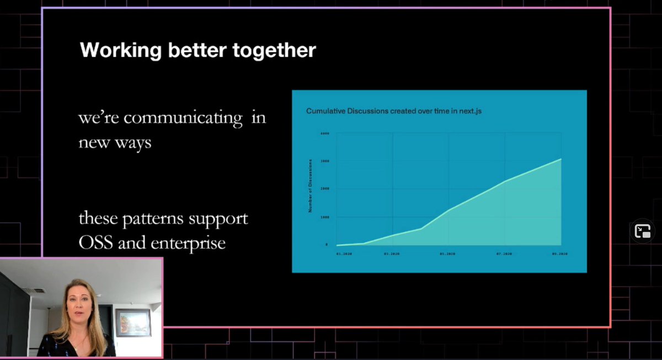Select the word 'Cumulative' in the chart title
point(325,111)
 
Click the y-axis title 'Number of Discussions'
point(311,186)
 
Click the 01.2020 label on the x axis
point(344,254)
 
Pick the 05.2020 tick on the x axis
point(447,254)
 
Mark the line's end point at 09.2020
point(561,159)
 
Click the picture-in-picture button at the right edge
point(643,232)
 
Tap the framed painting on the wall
point(133,322)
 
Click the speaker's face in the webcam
point(77,302)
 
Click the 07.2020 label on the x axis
point(503,254)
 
